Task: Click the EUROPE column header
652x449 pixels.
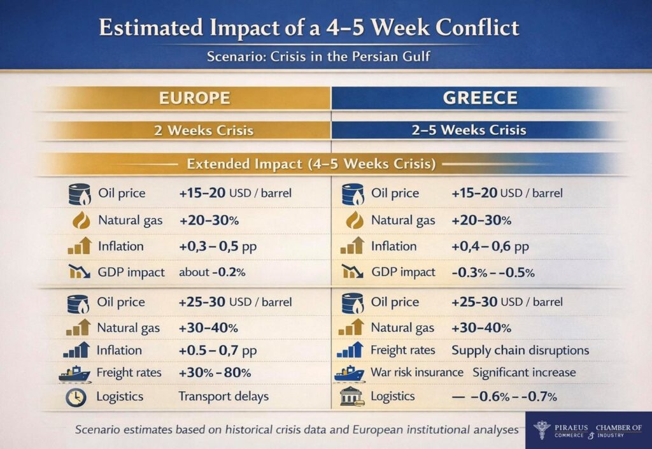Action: [195, 98]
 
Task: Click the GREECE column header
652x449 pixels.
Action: [480, 98]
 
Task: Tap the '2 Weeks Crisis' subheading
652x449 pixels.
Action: [204, 131]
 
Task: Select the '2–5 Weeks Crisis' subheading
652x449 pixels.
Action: [469, 130]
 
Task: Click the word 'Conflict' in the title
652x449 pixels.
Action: [478, 28]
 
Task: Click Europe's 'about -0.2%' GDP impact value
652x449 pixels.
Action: [212, 273]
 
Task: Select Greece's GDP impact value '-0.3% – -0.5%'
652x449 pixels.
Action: [493, 273]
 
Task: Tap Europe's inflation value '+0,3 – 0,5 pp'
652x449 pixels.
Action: [218, 246]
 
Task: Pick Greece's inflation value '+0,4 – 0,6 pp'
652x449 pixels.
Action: [490, 246]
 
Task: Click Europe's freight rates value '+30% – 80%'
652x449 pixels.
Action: [215, 373]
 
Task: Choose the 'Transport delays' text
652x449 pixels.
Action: [223, 396]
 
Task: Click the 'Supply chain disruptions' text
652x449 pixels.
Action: [520, 350]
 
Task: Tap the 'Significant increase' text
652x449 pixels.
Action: [525, 373]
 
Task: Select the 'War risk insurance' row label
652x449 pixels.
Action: [417, 372]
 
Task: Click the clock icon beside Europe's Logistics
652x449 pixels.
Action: [76, 397]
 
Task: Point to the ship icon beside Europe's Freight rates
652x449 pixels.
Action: [74, 374]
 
